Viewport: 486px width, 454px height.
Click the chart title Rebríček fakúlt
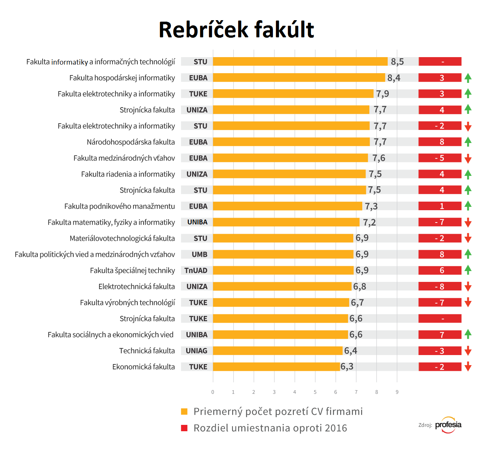coord(236,30)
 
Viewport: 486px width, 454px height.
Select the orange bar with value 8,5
coord(300,62)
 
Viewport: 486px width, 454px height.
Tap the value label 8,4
coord(394,78)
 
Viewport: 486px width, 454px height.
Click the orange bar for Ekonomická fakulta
coord(277,367)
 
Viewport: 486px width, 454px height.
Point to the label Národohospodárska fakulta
coord(131,142)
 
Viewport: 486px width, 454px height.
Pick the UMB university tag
coord(199,254)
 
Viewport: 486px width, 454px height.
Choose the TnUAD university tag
coord(196,270)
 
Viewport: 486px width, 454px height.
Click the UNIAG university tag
coord(196,351)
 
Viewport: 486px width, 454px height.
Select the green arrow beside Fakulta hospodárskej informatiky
coord(468,78)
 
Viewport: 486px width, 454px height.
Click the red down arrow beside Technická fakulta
coord(468,351)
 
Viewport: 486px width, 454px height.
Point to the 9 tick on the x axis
coord(397,392)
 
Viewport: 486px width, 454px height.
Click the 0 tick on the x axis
coord(213,392)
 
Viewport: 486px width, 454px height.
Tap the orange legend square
coord(184,411)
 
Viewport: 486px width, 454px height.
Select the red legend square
coord(184,428)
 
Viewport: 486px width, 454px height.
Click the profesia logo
coord(448,425)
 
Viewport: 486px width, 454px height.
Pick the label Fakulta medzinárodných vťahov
coord(124,158)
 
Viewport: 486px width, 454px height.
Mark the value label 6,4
coord(350,351)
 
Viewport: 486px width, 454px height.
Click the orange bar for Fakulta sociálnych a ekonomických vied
coord(280,335)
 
